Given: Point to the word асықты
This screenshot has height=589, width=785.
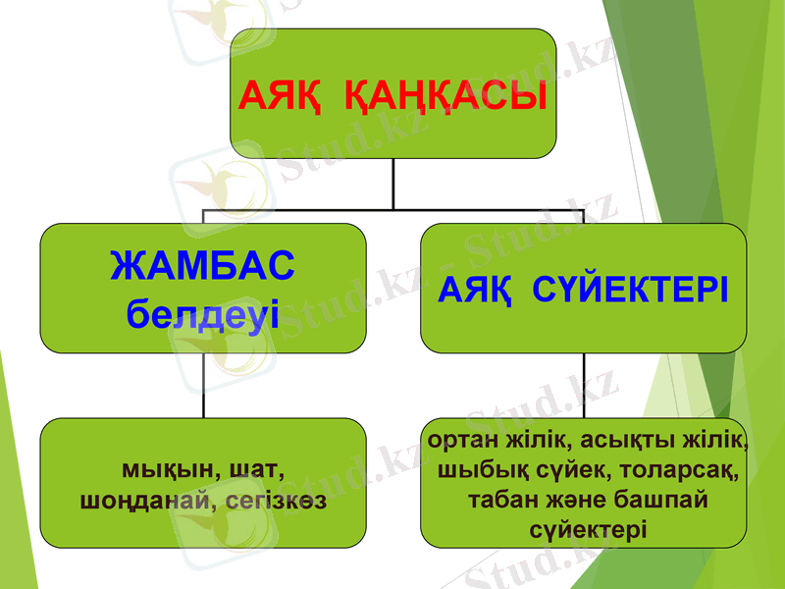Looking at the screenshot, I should [612, 438].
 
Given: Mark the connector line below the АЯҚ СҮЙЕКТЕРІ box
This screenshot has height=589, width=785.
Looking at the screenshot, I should [585, 386].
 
